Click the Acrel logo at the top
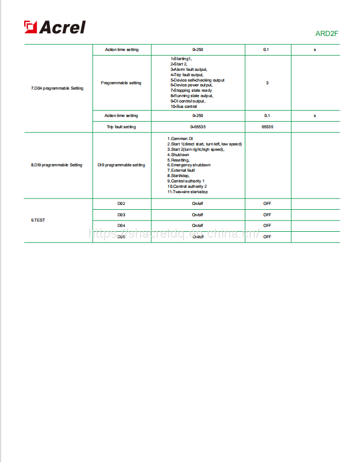54,27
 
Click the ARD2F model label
327,34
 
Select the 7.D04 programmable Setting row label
57,88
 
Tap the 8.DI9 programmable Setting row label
56,165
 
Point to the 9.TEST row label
38,220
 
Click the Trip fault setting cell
121,127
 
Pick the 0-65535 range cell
197,127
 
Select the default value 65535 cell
267,127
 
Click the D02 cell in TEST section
121,204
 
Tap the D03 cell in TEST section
121,215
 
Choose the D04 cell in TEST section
121,225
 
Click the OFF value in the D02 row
267,204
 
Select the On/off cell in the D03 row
197,215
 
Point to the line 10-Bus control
183,107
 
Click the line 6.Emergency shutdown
188,165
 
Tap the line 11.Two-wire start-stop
187,192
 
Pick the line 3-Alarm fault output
188,69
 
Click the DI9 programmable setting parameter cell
121,165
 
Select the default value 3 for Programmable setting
267,83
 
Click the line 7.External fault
181,170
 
